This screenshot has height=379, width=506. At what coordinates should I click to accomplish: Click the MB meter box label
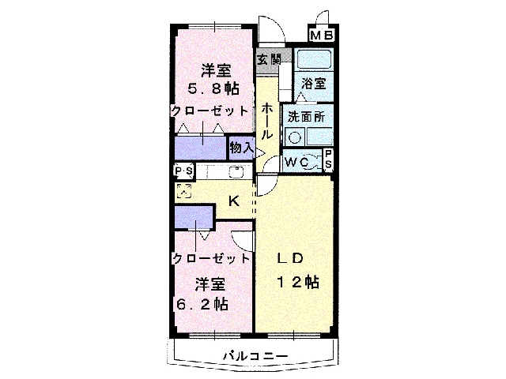(x=322, y=35)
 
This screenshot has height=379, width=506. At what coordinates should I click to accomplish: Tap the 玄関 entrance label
(x=270, y=59)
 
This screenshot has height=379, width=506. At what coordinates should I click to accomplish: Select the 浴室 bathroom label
(x=314, y=83)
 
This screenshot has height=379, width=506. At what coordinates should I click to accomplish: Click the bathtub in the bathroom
(x=314, y=60)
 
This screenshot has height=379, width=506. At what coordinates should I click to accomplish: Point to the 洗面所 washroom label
(x=306, y=117)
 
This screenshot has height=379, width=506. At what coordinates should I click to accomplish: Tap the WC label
(x=297, y=162)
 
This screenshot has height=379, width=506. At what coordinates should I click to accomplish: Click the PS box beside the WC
(x=328, y=159)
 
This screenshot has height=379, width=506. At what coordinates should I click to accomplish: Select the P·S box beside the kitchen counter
(x=184, y=171)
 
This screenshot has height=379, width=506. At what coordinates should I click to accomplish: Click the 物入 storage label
(x=242, y=148)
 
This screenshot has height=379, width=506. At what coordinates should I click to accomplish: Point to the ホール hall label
(x=266, y=122)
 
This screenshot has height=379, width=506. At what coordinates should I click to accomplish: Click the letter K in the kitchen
(x=234, y=201)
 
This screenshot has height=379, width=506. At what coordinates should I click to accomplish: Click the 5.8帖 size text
(x=213, y=88)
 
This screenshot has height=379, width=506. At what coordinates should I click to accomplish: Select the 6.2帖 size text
(x=202, y=304)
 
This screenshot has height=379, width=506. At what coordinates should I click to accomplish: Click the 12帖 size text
(x=299, y=282)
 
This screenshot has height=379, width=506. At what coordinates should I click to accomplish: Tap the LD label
(x=290, y=258)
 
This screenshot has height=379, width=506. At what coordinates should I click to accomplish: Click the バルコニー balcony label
(x=255, y=356)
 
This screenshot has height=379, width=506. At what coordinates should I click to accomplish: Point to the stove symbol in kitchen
(x=184, y=191)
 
